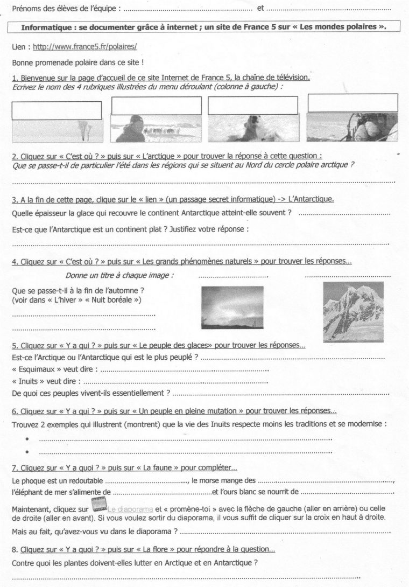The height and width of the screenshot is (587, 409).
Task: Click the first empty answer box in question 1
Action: (56, 110)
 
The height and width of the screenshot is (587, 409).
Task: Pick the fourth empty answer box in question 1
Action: (352, 102)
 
